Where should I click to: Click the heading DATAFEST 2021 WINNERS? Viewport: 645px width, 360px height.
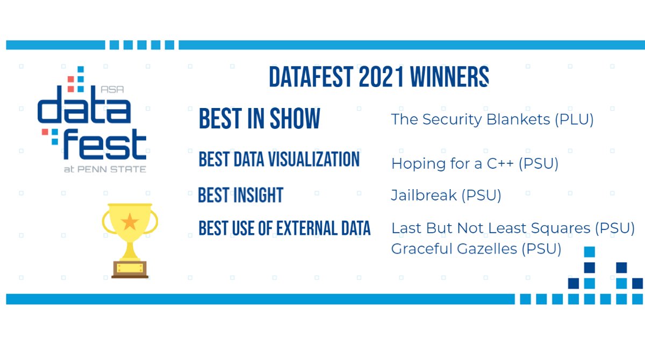pyautogui.click(x=378, y=78)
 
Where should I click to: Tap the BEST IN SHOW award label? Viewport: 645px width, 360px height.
pyautogui.click(x=259, y=119)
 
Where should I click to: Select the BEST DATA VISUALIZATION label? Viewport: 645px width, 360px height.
pyautogui.click(x=279, y=160)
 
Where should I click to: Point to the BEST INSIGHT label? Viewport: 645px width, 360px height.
pyautogui.click(x=240, y=196)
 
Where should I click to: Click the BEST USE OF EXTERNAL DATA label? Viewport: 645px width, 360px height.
pyautogui.click(x=284, y=228)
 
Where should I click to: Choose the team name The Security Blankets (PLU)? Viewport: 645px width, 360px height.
pyautogui.click(x=492, y=119)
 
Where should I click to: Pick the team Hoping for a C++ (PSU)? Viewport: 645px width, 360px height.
pyautogui.click(x=475, y=163)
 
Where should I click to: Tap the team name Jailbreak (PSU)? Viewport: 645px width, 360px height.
pyautogui.click(x=446, y=196)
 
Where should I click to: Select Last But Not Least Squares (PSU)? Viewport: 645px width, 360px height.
pyautogui.click(x=513, y=228)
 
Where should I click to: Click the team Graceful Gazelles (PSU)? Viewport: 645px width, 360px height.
pyautogui.click(x=476, y=249)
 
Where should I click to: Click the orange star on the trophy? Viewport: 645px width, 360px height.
pyautogui.click(x=130, y=221)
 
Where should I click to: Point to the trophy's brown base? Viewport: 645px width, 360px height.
pyautogui.click(x=130, y=269)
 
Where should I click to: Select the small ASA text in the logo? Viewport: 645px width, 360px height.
pyautogui.click(x=112, y=90)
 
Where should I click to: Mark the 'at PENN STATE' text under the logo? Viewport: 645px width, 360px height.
pyautogui.click(x=104, y=169)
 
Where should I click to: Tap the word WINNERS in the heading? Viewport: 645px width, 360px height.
pyautogui.click(x=449, y=78)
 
